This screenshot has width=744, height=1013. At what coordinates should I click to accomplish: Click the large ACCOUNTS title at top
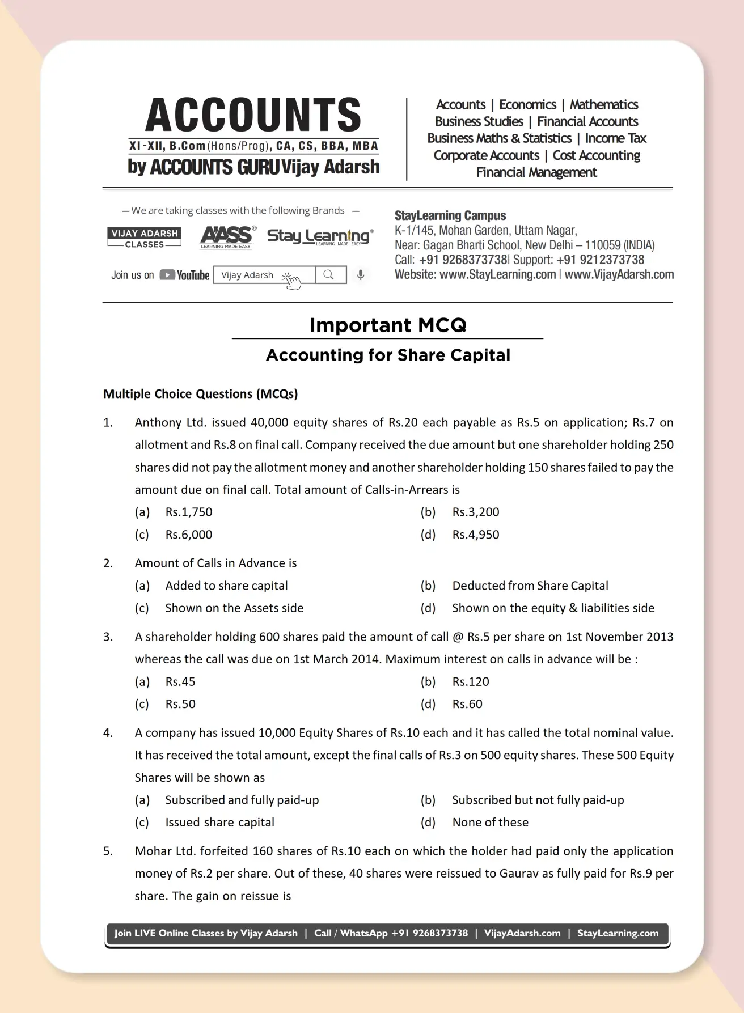[253, 115]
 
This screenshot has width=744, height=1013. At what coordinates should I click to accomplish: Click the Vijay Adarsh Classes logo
[144, 238]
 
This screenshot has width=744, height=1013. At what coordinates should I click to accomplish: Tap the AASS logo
[227, 237]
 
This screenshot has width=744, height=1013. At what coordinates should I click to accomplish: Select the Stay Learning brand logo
[320, 236]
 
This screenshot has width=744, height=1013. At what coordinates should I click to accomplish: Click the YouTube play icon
[167, 275]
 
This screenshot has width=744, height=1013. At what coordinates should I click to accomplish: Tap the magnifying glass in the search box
[329, 275]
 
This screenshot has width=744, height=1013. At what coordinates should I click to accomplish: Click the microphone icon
[360, 275]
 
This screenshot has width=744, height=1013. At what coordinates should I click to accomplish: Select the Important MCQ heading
[388, 325]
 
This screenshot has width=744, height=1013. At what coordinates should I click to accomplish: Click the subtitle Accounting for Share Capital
[388, 355]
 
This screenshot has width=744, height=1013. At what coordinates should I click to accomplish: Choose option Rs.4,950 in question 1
[475, 535]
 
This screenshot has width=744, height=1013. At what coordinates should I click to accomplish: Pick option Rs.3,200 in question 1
[475, 512]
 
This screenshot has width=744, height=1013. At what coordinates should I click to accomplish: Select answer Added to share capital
[226, 586]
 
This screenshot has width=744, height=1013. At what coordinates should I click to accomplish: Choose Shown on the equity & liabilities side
[553, 608]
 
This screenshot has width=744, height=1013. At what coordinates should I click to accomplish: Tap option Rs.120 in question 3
[470, 681]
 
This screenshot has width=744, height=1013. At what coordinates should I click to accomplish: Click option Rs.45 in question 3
[180, 681]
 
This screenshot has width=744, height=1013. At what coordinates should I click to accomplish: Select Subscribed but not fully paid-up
[538, 800]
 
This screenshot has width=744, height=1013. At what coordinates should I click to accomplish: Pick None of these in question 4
[490, 822]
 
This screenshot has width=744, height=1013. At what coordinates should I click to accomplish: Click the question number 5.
[108, 851]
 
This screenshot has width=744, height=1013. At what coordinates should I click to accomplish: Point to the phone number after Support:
[600, 260]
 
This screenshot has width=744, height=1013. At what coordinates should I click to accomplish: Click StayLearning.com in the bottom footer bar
[618, 933]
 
